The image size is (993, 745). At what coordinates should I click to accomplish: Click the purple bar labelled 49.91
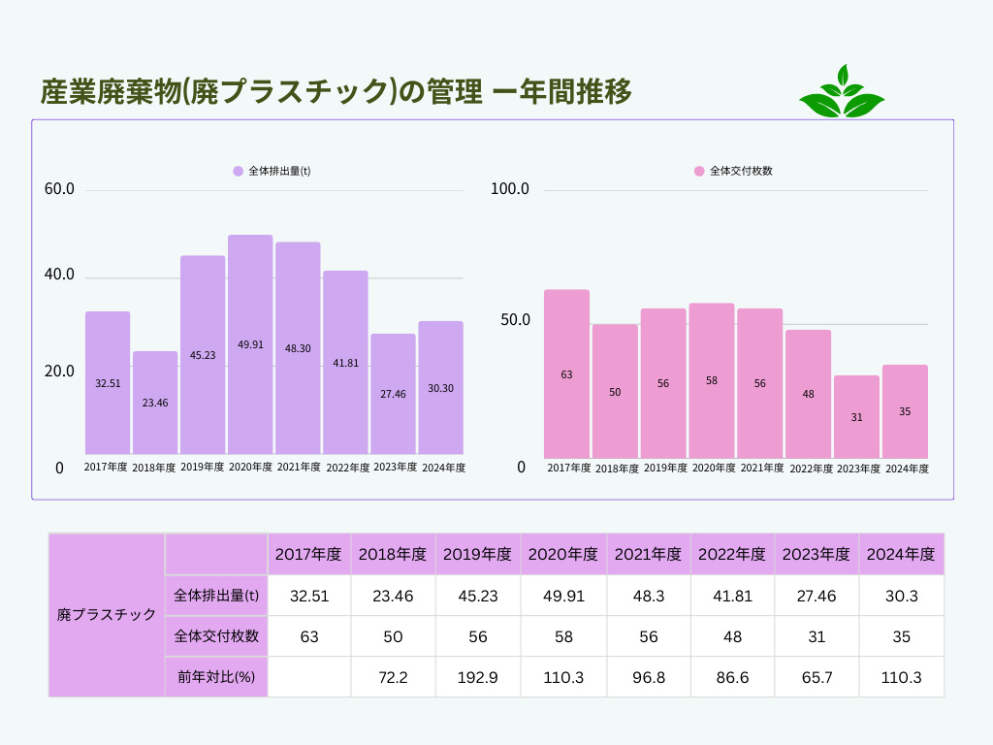pos(250,344)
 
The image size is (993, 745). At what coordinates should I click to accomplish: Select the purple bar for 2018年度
pos(155,403)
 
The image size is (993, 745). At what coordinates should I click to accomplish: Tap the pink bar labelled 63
pos(566,373)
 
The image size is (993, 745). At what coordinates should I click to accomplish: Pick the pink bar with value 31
pos(856,417)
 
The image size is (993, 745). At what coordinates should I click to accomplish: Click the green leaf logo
pos(841,92)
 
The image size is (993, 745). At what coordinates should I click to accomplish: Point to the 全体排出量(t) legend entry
pos(272,171)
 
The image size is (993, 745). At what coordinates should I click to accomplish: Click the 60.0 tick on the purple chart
pos(59,189)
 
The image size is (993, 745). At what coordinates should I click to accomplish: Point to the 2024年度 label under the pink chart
pos(907,469)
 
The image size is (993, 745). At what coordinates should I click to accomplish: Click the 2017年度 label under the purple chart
pos(106,468)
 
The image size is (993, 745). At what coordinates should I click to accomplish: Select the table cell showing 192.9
pos(477,677)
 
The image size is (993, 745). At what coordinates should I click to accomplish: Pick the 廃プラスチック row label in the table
pos(107,615)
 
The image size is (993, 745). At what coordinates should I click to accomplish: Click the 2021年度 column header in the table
pos(648,555)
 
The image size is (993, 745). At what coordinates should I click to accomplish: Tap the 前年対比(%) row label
pos(215,677)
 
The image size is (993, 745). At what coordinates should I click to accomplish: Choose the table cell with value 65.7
pos(816,677)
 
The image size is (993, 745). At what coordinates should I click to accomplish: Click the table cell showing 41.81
pos(732,596)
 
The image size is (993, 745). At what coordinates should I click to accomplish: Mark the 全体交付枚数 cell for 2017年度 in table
pos(309,636)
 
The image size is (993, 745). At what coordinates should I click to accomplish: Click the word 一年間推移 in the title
pos(562,92)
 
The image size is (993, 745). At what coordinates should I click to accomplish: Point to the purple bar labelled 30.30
pos(440,388)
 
